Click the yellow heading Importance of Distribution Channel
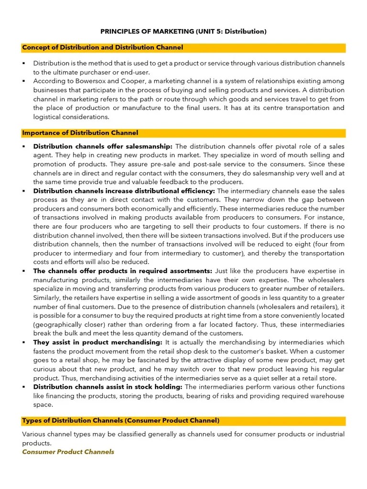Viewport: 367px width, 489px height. pos(80,133)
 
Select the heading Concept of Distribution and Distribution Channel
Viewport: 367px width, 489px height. pos(102,48)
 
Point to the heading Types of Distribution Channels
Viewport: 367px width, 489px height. pos(120,421)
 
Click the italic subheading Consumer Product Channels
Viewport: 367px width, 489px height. pos(68,452)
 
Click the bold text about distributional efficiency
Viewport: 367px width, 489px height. pos(124,191)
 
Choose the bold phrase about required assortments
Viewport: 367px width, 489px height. pos(123,271)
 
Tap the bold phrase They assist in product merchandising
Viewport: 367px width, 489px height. pos(98,342)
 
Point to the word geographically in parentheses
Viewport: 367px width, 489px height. pos(56,325)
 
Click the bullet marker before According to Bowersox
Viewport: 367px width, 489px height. pos(23,81)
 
